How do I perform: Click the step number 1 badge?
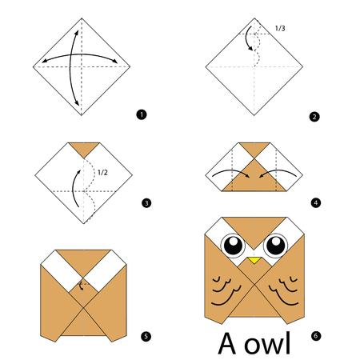[x=142, y=114]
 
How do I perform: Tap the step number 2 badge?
[x=314, y=117]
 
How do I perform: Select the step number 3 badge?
[x=146, y=203]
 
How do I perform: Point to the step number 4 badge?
[x=316, y=203]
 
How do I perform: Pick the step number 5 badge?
[x=146, y=336]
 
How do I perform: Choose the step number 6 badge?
[x=316, y=336]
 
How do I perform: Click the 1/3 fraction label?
[x=280, y=28]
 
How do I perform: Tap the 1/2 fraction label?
[x=102, y=173]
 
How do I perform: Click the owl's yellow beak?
[x=254, y=260]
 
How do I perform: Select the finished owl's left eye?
[x=234, y=246]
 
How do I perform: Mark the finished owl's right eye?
[x=275, y=246]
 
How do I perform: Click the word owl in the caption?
[x=267, y=343]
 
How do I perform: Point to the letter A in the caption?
[x=227, y=343]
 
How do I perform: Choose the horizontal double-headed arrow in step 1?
[x=80, y=54]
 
